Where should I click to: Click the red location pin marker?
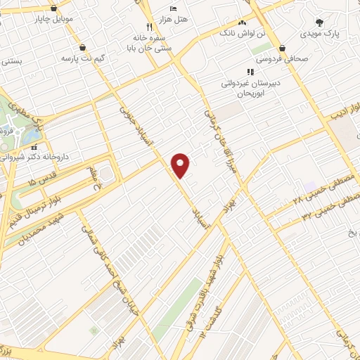click(181, 165)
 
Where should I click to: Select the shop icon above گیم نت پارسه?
click(84, 48)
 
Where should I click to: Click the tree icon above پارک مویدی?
click(319, 22)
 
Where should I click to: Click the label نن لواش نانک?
click(243, 33)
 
